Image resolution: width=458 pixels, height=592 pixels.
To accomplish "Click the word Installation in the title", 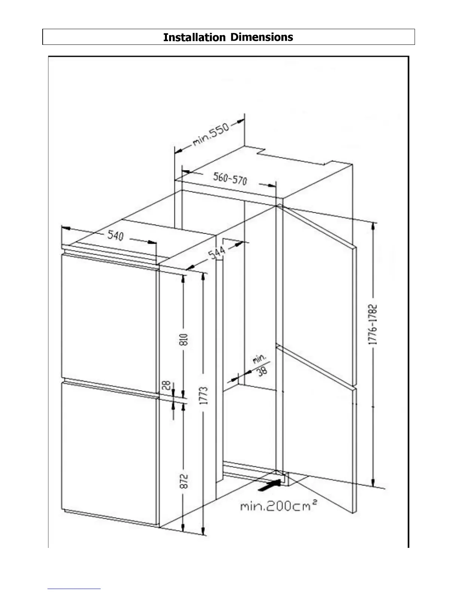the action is click(x=194, y=37).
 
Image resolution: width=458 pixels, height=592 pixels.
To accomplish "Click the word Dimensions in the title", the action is click(x=262, y=37).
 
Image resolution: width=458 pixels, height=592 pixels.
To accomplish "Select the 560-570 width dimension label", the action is click(x=230, y=179).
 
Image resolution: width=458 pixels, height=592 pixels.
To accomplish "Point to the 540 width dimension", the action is click(x=116, y=235).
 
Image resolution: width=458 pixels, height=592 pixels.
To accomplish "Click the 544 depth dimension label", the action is click(x=217, y=252).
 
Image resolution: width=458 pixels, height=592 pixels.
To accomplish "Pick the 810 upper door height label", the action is click(x=184, y=339).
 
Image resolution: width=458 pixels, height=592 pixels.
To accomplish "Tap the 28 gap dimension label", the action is click(x=167, y=385).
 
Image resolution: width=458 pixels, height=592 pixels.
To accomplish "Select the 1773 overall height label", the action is click(x=204, y=395).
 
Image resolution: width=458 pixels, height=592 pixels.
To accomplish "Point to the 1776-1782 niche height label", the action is click(x=373, y=324).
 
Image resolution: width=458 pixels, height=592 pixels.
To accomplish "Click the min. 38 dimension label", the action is click(x=261, y=364).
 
